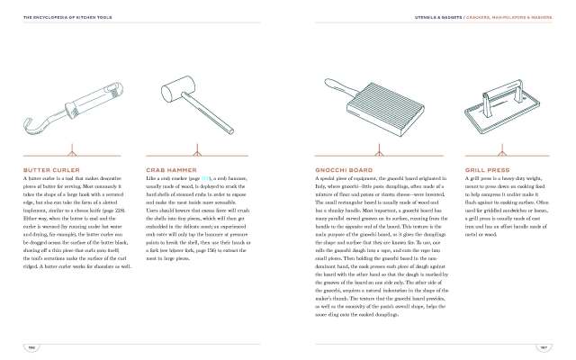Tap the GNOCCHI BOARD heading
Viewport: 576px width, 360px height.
(341, 168)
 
